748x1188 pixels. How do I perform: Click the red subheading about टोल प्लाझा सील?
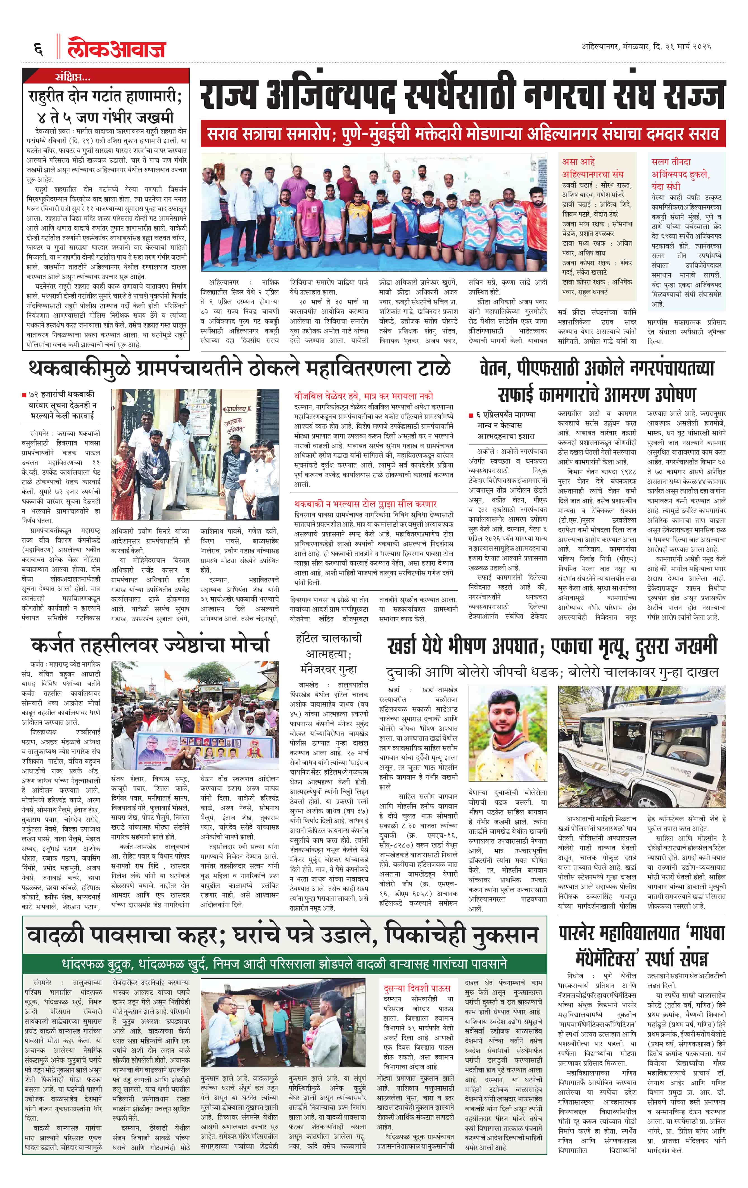click(365, 504)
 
